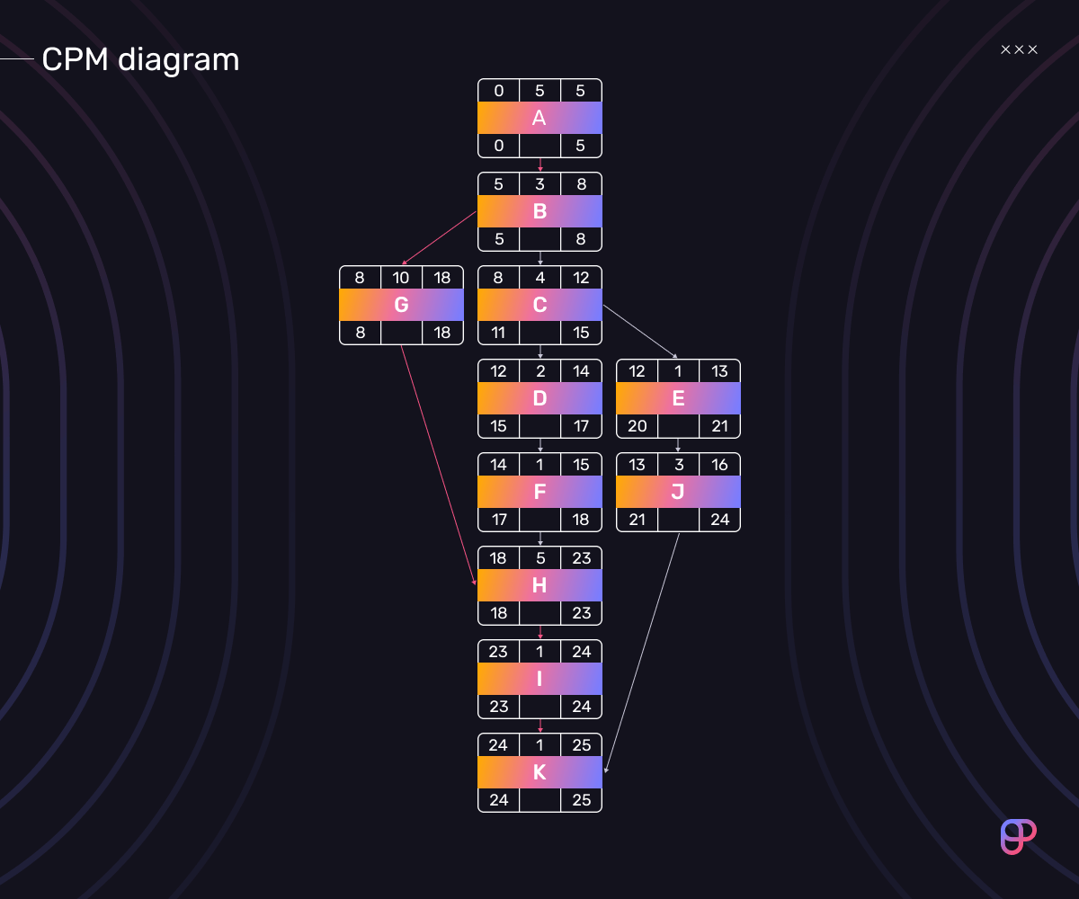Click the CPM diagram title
[140, 60]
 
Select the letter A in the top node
[539, 118]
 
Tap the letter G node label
[402, 305]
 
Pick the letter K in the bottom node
[539, 772]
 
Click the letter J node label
[677, 492]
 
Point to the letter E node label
[678, 398]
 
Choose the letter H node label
[539, 585]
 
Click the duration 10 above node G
[401, 278]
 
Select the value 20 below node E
[638, 426]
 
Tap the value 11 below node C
[498, 333]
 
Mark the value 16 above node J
[719, 465]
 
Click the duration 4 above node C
[540, 278]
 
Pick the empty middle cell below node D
[540, 426]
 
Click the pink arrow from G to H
[438, 465]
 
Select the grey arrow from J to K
[642, 653]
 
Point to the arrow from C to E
[640, 331]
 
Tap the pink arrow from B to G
[440, 237]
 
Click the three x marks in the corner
[1019, 49]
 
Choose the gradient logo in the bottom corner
[1018, 837]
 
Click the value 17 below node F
[499, 520]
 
